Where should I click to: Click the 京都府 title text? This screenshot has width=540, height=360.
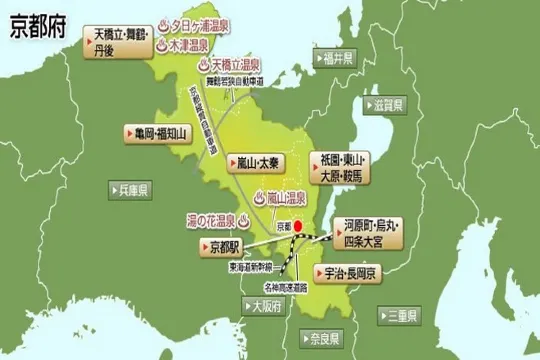coord(36,27)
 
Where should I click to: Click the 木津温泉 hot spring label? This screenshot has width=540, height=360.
coord(187,45)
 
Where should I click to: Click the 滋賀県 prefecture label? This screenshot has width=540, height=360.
coord(386,104)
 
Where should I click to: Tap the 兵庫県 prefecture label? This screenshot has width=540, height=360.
coord(130,188)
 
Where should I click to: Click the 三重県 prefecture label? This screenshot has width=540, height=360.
coord(406,316)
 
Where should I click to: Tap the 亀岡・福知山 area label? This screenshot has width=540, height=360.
coord(155,131)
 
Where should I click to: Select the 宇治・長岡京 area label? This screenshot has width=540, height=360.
coord(346,272)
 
